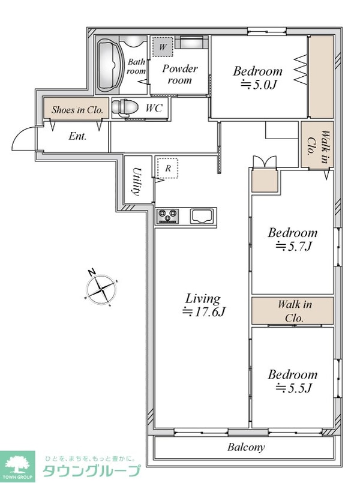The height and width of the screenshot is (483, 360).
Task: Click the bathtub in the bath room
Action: pyautogui.click(x=109, y=65)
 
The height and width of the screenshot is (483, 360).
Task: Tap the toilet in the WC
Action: pyautogui.click(x=124, y=107)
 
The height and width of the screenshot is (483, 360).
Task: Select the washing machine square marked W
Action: pyautogui.click(x=162, y=47)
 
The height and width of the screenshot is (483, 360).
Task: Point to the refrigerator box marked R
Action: pyautogui.click(x=168, y=168)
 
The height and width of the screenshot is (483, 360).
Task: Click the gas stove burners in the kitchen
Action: pyautogui.click(x=167, y=215)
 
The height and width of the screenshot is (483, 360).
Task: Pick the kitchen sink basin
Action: pyautogui.click(x=202, y=215)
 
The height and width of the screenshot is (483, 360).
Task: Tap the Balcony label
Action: pyautogui.click(x=246, y=447)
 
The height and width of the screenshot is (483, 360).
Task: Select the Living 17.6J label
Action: pyautogui.click(x=203, y=305)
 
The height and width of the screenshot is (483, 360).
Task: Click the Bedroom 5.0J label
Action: pyautogui.click(x=257, y=77)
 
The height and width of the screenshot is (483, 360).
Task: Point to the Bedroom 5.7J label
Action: pyautogui.click(x=292, y=239)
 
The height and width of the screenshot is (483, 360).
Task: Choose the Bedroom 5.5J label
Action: pyautogui.click(x=292, y=381)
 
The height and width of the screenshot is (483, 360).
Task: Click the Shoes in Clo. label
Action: pyautogui.click(x=77, y=110)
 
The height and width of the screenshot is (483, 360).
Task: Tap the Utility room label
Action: pyautogui.click(x=137, y=181)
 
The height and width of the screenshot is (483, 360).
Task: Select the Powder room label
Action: pyautogui.click(x=180, y=74)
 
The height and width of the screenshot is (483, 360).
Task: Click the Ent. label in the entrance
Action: pyautogui.click(x=77, y=136)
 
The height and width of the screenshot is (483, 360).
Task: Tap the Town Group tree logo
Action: pyautogui.click(x=17, y=465)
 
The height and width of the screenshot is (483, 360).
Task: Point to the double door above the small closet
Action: pyautogui.click(x=265, y=162)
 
